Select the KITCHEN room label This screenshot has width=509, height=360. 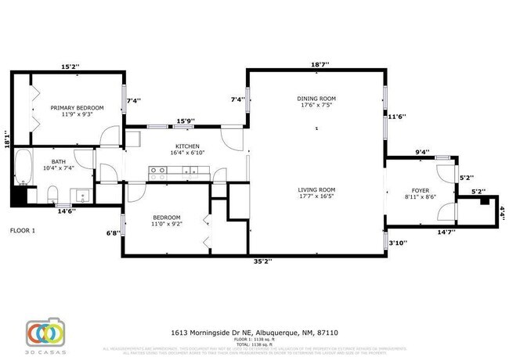click(x=187, y=147)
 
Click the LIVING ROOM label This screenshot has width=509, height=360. click(x=316, y=189)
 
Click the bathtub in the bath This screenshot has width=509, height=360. click(x=22, y=167)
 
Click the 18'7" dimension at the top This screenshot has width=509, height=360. click(x=319, y=64)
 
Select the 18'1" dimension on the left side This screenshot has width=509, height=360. click(x=7, y=139)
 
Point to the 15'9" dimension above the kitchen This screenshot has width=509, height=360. click(x=186, y=121)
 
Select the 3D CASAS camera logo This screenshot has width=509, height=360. click(x=44, y=333)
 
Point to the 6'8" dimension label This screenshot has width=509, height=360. click(x=112, y=232)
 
